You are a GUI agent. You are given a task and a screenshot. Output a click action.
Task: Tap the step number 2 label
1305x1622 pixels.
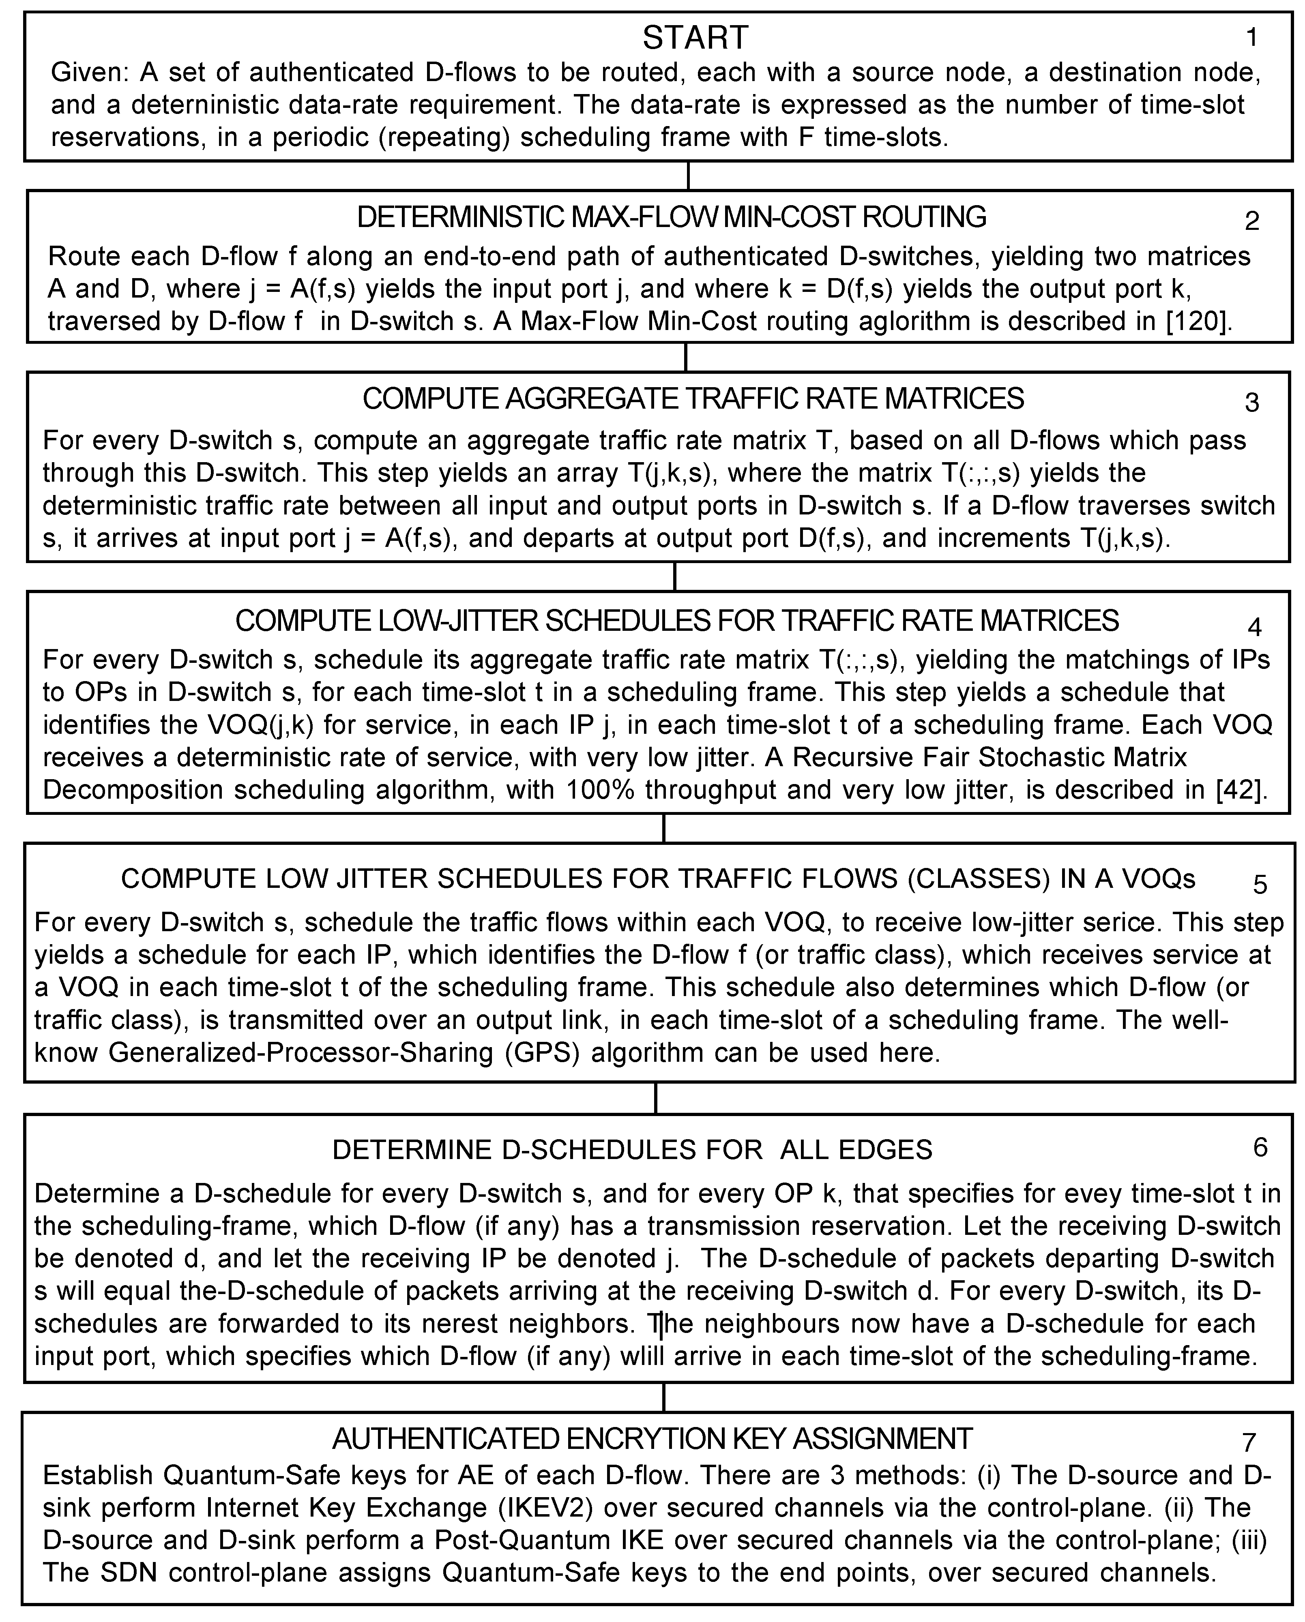coord(1251,221)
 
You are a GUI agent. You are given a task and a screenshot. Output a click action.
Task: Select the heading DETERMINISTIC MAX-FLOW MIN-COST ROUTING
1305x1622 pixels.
coord(671,217)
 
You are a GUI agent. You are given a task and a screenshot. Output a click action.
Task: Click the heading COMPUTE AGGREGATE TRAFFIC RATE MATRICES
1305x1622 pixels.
coord(693,399)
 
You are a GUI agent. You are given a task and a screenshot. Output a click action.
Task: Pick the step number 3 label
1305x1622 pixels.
coord(1251,403)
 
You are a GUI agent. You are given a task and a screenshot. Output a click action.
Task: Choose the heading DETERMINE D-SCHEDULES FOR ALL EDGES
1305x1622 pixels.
coord(632,1150)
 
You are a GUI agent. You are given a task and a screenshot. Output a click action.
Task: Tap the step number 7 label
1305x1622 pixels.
coord(1249,1442)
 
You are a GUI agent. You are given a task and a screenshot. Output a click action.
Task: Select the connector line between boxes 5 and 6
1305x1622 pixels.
coord(656,1098)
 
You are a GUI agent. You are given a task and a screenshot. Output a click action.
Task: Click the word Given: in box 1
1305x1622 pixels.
coord(90,73)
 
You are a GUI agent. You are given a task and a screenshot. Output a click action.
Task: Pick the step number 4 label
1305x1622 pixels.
coord(1255,627)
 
